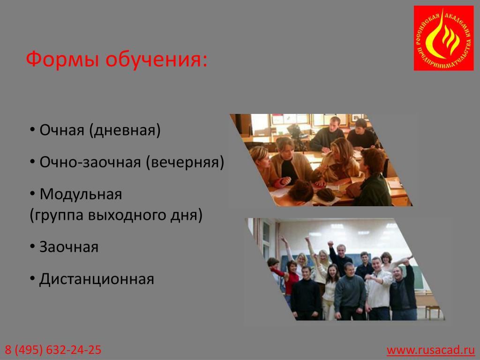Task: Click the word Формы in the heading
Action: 63,59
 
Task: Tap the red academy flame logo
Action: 443,38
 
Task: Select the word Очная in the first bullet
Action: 62,130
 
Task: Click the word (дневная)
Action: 125,130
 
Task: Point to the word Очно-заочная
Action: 90,162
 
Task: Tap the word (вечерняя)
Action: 185,162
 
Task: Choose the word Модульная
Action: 81,194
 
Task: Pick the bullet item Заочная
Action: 68,247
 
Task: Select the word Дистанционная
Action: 97,279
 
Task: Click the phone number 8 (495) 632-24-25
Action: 53,350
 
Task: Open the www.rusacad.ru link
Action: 431,350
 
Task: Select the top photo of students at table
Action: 321,160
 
